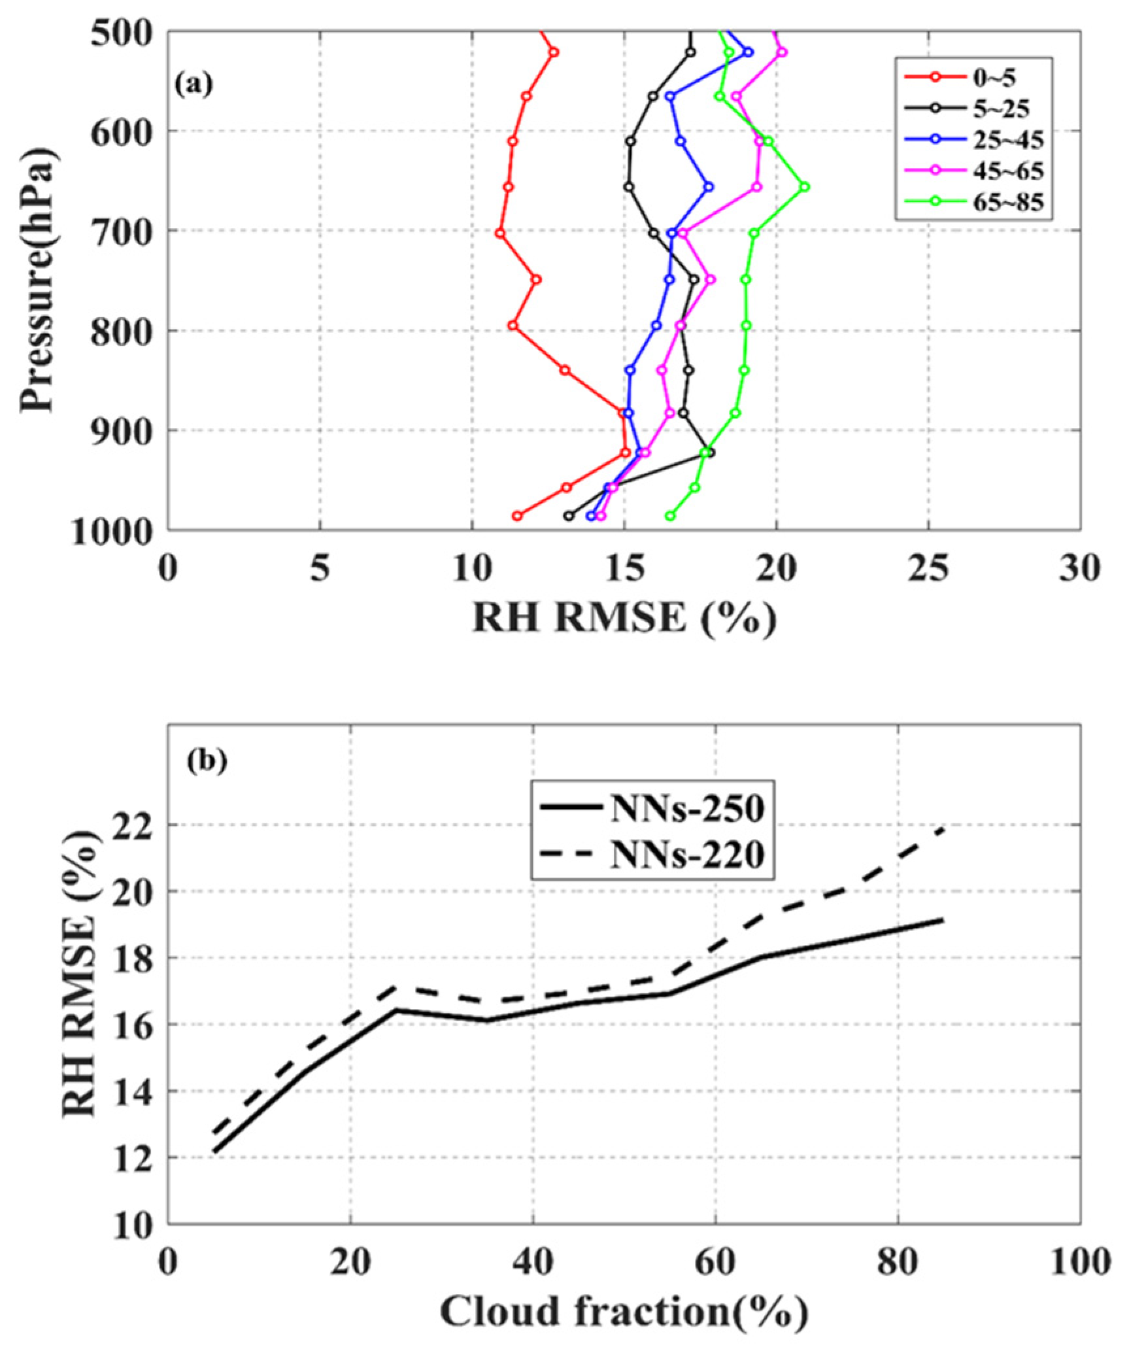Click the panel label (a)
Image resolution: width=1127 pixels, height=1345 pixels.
(x=193, y=84)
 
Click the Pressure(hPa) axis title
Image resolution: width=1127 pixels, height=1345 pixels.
(x=37, y=279)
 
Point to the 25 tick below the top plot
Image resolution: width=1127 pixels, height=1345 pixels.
(x=928, y=569)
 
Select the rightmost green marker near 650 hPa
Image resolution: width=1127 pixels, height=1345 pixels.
(x=805, y=187)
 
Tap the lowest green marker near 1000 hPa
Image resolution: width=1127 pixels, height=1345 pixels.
(x=669, y=516)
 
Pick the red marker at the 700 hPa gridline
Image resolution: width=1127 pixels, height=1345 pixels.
(x=500, y=233)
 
